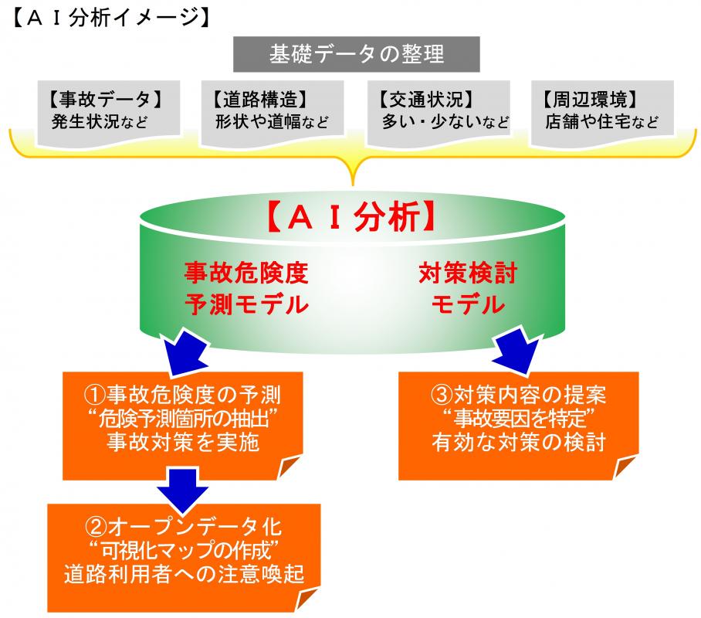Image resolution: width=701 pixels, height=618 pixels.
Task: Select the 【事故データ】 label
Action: click(102, 99)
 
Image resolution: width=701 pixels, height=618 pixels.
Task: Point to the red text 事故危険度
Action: click(246, 273)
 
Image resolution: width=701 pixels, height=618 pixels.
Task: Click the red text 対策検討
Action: click(468, 273)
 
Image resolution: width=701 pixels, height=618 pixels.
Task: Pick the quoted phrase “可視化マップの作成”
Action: click(183, 550)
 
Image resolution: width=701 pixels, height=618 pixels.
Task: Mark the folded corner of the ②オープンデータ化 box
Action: click(306, 597)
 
